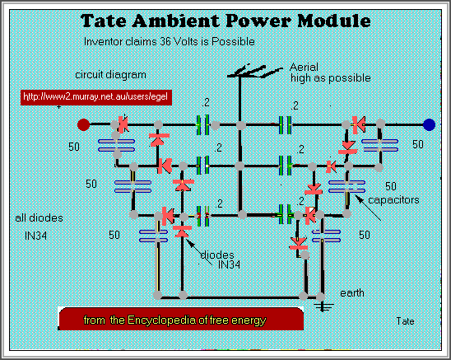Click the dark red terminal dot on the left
(83, 125)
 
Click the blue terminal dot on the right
(428, 125)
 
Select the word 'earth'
(354, 292)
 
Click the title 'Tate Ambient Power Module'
(224, 20)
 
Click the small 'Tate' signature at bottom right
(404, 320)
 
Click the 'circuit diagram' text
(105, 72)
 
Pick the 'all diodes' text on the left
(36, 218)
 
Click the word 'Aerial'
(304, 66)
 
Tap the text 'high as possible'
(328, 78)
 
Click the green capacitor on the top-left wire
(203, 125)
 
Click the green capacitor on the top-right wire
(286, 125)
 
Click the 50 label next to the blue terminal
(417, 145)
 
